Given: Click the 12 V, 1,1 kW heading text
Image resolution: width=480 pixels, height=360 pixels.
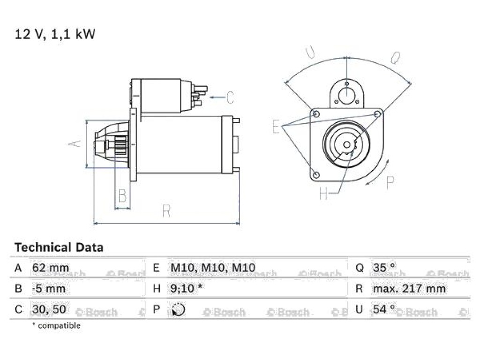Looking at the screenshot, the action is pos(55,34).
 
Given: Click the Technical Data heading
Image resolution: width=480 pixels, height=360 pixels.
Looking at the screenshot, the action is pos(59,247).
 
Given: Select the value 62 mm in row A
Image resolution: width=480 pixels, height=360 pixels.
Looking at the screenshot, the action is pos(51,268).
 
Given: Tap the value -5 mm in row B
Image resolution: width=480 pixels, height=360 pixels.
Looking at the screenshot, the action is pos(49,289).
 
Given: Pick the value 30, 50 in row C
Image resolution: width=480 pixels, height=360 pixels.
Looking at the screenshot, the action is pos(49,309).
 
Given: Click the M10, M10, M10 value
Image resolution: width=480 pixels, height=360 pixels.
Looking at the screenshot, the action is pos(213,268).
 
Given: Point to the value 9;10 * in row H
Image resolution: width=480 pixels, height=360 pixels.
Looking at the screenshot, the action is pos(187,288).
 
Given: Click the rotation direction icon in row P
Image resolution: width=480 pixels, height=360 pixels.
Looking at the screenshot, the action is pos(178,309).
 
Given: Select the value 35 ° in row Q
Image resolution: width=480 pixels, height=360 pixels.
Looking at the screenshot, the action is pos(384,268).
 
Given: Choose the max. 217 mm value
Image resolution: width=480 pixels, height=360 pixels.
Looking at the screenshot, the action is pos(409,289).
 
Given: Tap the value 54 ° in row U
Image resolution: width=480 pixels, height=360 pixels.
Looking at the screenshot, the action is pos(384,309).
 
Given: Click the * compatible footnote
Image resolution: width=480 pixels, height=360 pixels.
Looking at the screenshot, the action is pos(56,325).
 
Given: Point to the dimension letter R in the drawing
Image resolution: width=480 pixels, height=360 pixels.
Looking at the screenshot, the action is pos(166,211).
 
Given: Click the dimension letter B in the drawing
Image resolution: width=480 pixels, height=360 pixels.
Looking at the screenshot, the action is pos(122,196).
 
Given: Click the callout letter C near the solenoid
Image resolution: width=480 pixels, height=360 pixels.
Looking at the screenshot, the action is pos(230,97).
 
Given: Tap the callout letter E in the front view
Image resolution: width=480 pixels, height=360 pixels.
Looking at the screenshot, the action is pos(276,126).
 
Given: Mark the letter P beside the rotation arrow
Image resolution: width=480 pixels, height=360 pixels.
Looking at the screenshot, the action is pos(390,183).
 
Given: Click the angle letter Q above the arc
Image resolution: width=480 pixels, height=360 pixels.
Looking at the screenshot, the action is pos(396,58).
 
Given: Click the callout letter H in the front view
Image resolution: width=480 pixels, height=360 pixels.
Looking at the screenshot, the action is pos(323,193).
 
